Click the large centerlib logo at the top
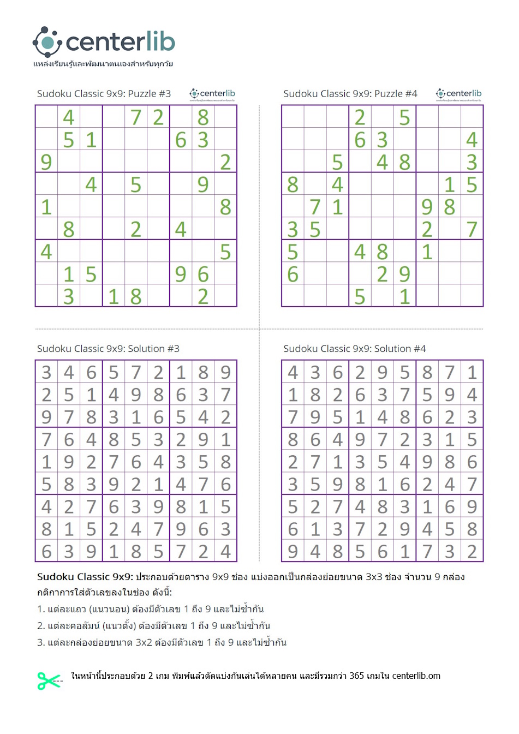tap(104, 41)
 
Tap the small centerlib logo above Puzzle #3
tap(212, 94)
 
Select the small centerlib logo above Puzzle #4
tap(458, 94)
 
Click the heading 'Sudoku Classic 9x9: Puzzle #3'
tap(104, 94)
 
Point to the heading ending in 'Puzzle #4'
tap(350, 94)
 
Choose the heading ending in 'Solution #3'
tap(108, 349)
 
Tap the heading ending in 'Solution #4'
tap(354, 349)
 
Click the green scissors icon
tap(49, 680)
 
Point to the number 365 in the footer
tap(356, 676)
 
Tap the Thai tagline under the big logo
tap(103, 64)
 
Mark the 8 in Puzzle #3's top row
tap(203, 117)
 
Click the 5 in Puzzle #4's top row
tap(404, 117)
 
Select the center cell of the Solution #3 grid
tap(136, 462)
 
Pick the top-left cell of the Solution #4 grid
tap(293, 372)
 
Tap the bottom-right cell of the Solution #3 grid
tap(225, 551)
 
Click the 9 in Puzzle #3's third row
tap(46, 162)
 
